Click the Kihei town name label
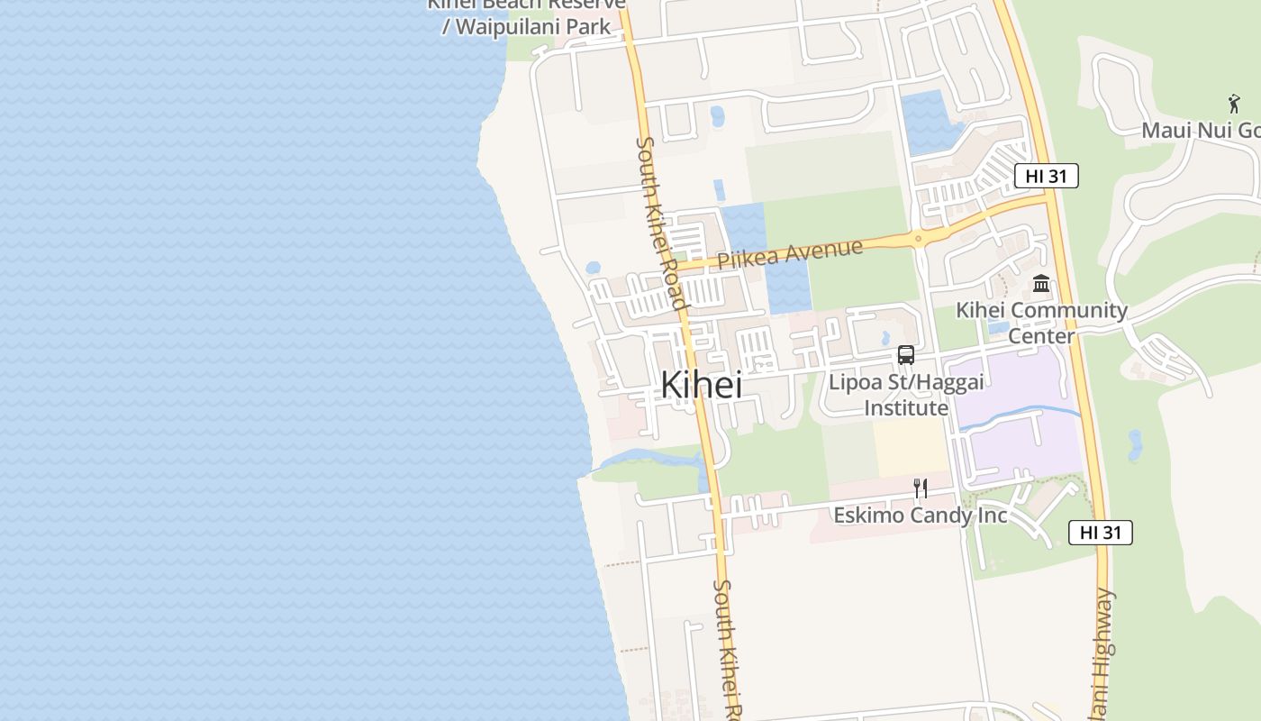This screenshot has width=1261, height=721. (x=701, y=385)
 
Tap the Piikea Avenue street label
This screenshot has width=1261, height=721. (x=790, y=253)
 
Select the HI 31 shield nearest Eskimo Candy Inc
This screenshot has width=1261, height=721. (x=1100, y=533)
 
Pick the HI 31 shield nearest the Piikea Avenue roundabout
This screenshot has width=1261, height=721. (x=1046, y=176)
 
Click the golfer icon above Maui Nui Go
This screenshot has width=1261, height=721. (x=1233, y=104)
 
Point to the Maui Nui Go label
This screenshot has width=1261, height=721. (x=1200, y=131)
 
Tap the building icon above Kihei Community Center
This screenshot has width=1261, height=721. (x=1041, y=284)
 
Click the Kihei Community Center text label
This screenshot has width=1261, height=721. (x=1041, y=323)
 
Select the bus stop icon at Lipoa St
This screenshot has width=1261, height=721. (x=906, y=355)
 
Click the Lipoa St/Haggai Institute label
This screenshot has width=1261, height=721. (x=906, y=395)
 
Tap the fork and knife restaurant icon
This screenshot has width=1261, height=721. (x=920, y=488)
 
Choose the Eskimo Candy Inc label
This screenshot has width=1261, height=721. (x=920, y=516)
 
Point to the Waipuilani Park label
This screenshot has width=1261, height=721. (x=526, y=26)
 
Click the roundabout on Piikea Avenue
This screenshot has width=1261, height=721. (x=918, y=240)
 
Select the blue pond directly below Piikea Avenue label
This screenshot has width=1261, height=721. (x=788, y=287)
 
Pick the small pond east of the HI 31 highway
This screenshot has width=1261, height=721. (x=1135, y=444)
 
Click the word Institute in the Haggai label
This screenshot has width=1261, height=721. (x=906, y=408)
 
